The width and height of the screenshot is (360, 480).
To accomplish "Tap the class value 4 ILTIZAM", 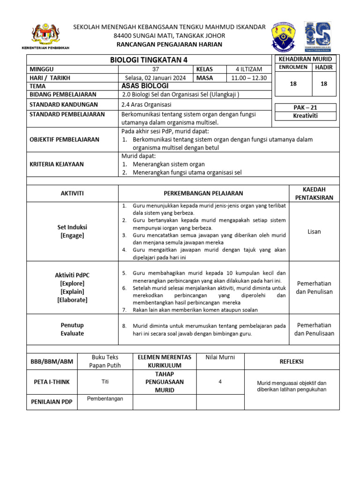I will tap(248, 69).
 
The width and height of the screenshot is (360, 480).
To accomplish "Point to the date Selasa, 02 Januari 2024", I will tap(156, 77).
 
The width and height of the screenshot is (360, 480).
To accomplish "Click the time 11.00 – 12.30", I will tap(248, 77).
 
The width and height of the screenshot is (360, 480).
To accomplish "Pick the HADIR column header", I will tap(323, 67).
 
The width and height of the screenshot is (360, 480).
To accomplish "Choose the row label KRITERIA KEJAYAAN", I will tap(57, 164).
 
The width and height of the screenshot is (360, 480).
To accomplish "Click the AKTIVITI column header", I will tap(72, 193).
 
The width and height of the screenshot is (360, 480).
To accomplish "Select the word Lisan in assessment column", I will tap(314, 232).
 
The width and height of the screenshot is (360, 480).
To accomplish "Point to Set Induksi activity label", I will tap(72, 227).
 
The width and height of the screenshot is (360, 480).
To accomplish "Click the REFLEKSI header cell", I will tap(292, 361).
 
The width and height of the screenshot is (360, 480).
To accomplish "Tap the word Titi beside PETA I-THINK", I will tap(105, 382).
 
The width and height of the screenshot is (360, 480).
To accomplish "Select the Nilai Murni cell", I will tap(220, 357).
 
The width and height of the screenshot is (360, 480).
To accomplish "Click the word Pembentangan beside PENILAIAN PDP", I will tap(105, 398).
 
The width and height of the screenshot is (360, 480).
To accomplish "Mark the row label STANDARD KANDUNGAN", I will tap(64, 105).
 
